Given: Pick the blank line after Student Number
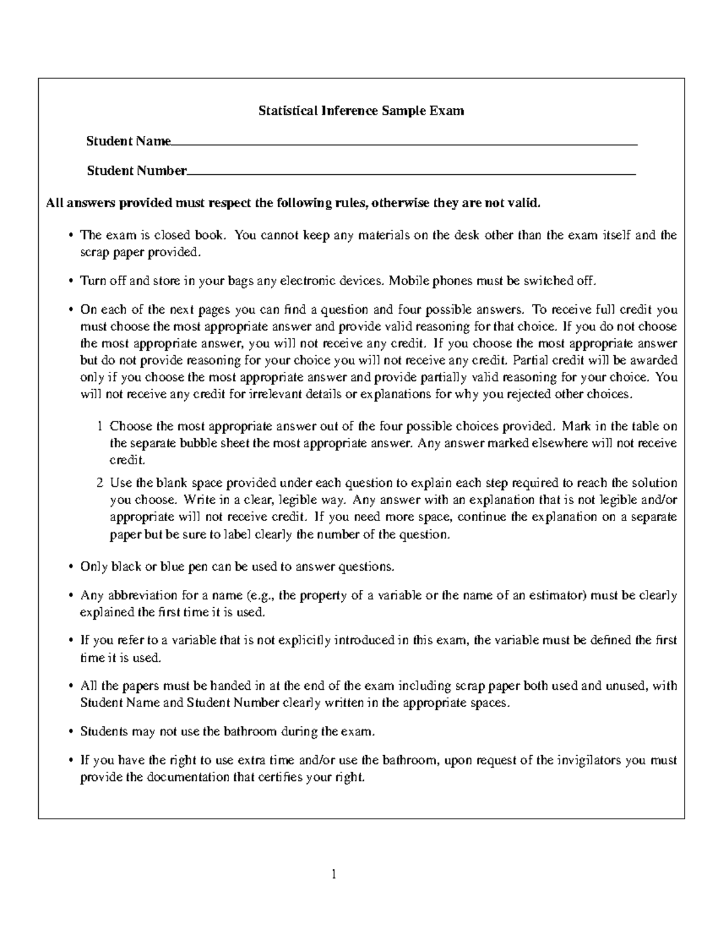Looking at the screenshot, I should (x=411, y=174).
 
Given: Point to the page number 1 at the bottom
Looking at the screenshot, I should (x=334, y=874).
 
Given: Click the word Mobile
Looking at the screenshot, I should (x=409, y=281).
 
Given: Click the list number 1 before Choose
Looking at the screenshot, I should (x=99, y=427).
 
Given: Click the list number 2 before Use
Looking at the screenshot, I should (x=99, y=483).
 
